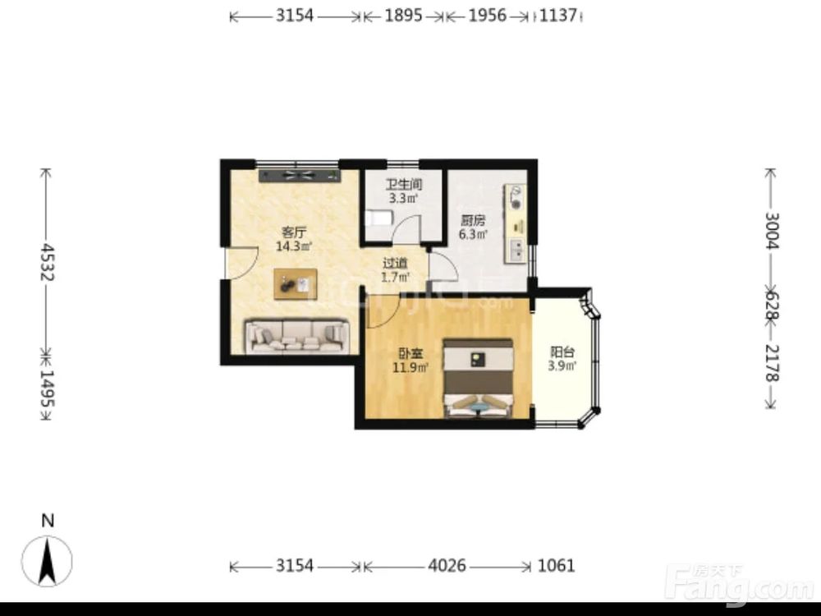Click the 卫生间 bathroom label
(x=404, y=184)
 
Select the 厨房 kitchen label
(x=473, y=220)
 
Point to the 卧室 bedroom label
(x=410, y=354)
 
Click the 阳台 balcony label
(x=562, y=352)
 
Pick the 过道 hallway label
(x=395, y=264)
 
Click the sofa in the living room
(x=297, y=336)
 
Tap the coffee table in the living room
(x=296, y=284)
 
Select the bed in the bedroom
(x=478, y=378)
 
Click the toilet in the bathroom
(x=379, y=218)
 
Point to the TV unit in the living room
(x=300, y=176)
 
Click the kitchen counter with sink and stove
(x=516, y=223)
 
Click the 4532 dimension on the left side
(x=47, y=262)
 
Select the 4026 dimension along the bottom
(x=447, y=566)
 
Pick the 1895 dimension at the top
(x=403, y=16)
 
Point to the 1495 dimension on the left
(x=47, y=388)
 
